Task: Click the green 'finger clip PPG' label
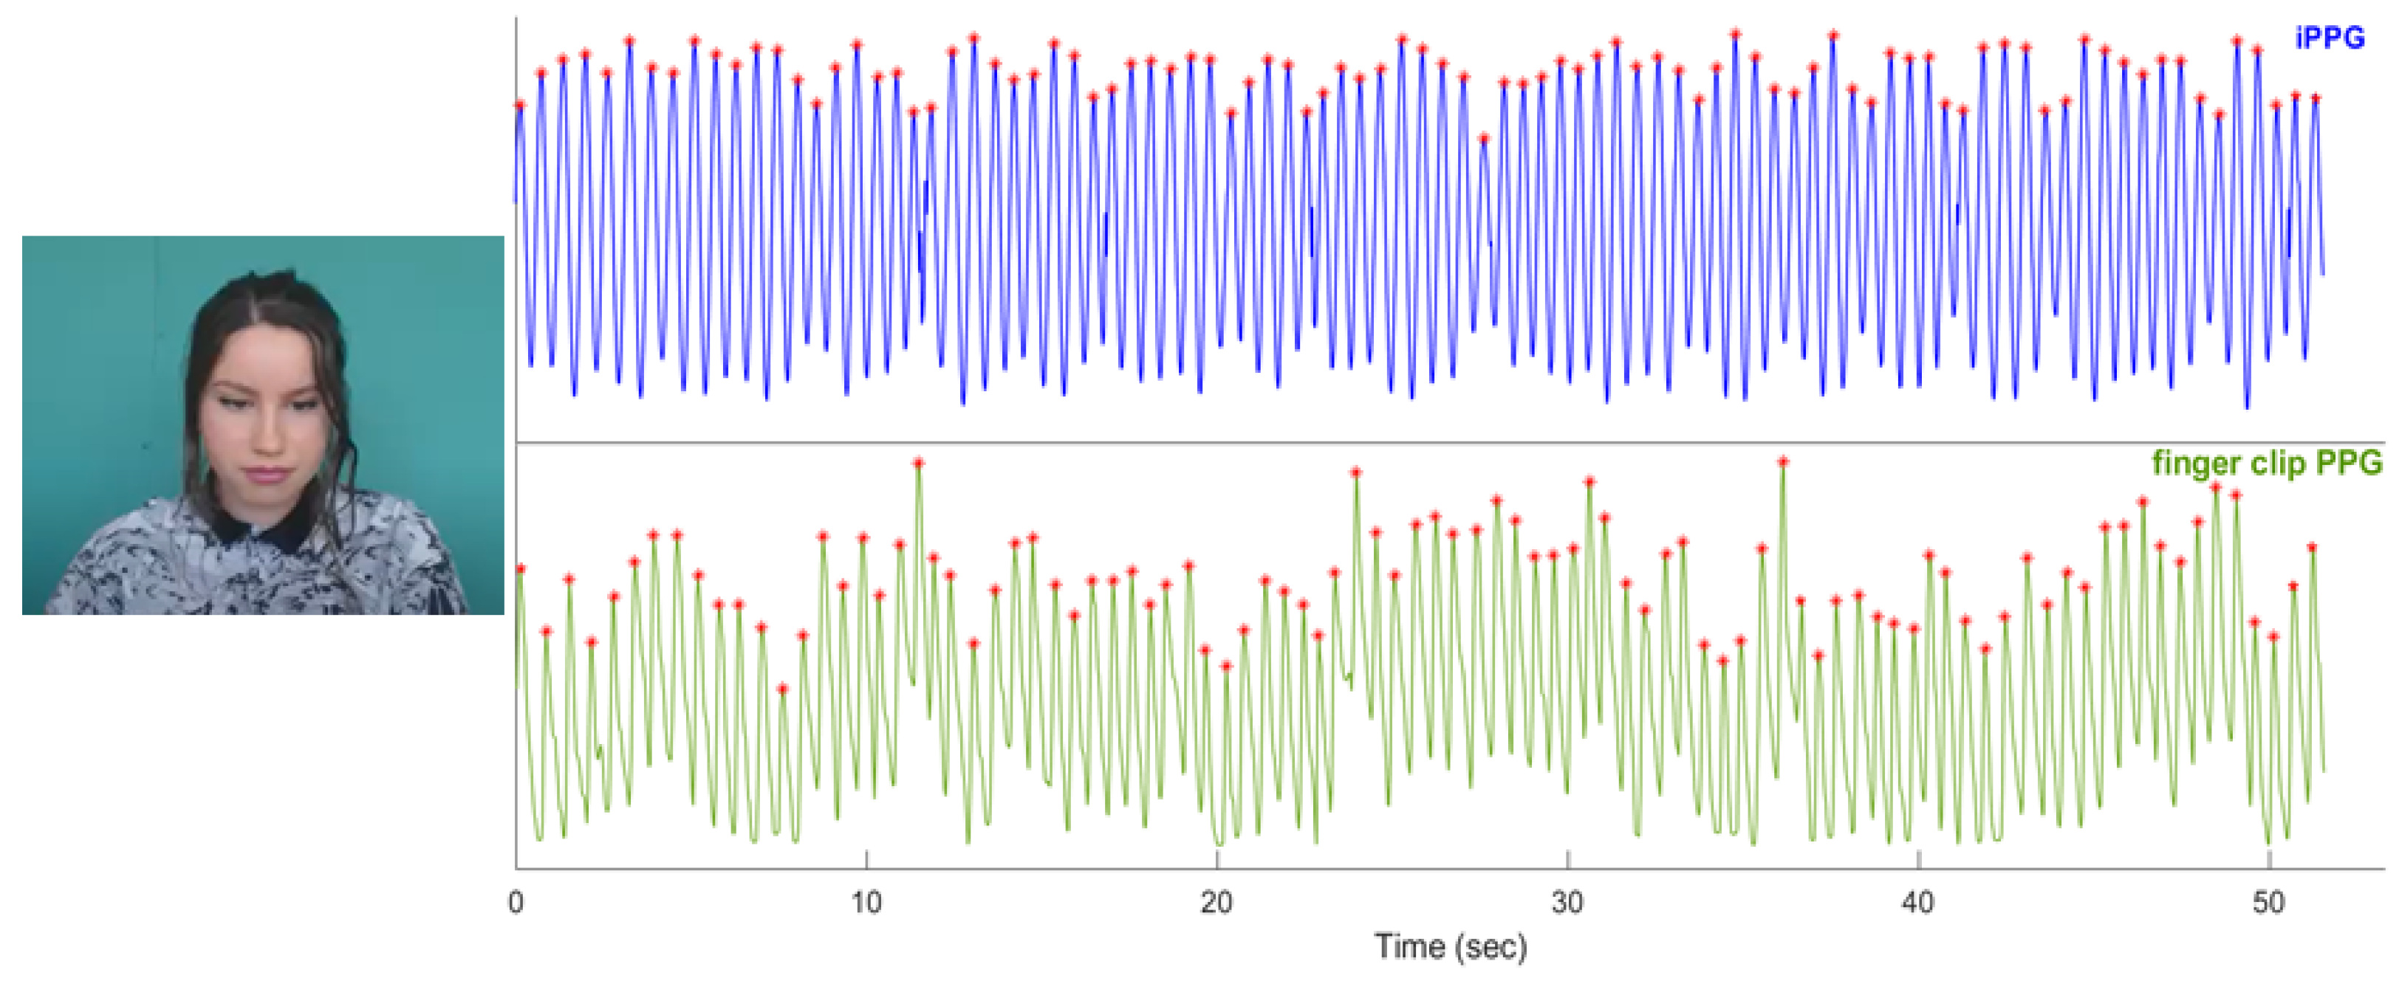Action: point(2267,463)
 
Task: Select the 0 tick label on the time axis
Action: point(516,902)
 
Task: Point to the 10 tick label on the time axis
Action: point(866,902)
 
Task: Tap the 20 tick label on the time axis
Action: point(1216,902)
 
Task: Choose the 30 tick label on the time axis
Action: point(1567,902)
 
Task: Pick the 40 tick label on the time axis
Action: point(1918,902)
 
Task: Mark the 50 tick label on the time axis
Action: point(2268,902)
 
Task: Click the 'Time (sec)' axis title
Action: point(1451,946)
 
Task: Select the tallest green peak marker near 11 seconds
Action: point(918,463)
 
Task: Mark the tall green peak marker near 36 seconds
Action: point(1782,461)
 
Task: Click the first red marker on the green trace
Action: point(520,568)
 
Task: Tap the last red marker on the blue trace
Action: point(2316,97)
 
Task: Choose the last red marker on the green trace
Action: point(2311,547)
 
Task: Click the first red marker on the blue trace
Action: point(520,105)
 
